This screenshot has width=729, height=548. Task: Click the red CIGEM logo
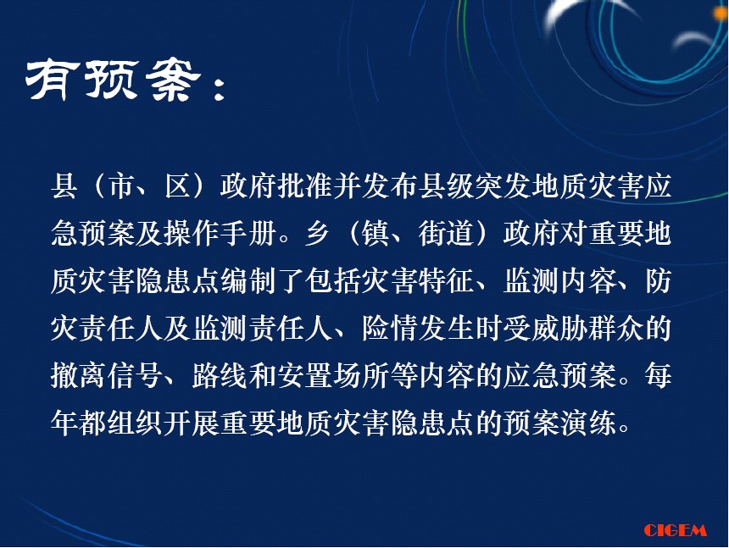[x=675, y=530]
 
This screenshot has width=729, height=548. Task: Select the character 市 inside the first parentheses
[x=121, y=186]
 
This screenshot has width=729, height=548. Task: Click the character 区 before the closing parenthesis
[x=178, y=186]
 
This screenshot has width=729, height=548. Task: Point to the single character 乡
[x=319, y=233]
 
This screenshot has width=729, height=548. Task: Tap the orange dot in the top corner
[x=722, y=13]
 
